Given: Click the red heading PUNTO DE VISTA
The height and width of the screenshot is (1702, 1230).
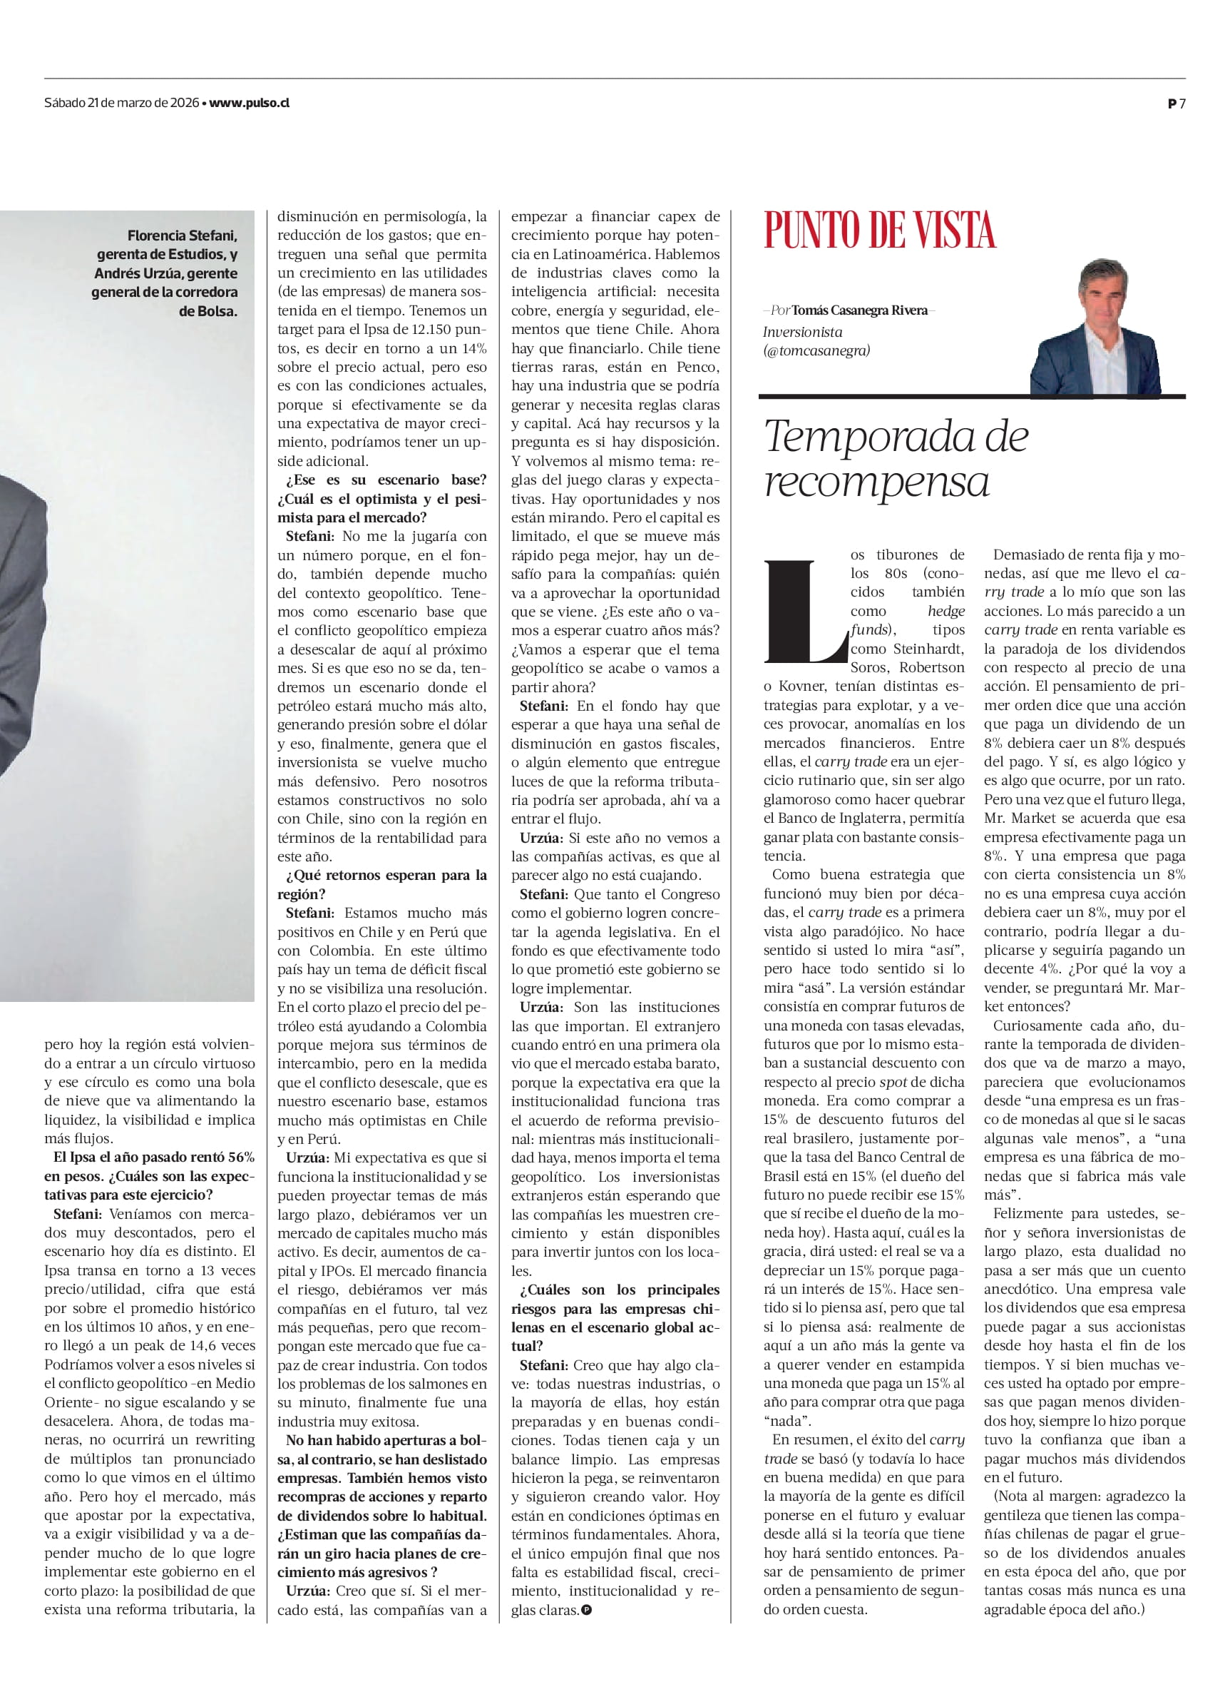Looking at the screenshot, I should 879,231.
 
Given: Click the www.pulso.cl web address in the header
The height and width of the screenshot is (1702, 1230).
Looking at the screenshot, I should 249,103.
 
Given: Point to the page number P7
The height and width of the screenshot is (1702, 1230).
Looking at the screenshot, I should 1176,104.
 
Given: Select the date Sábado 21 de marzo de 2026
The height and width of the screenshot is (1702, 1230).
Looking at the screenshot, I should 121,103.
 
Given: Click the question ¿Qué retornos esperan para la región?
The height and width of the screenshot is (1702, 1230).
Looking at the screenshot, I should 381,885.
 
